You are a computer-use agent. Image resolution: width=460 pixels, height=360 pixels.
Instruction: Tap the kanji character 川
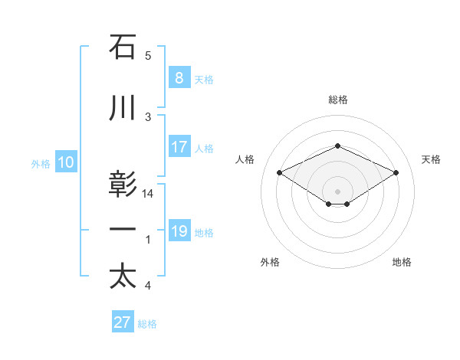123,108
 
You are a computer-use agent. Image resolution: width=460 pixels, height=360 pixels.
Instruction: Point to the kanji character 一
123,230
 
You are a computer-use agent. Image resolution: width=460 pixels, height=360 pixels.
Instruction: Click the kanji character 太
123,277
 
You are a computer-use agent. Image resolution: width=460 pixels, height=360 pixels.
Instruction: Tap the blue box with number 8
179,78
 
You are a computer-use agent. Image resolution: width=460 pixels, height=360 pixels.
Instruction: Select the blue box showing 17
179,147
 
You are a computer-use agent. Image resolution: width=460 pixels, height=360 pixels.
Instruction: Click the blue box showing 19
179,231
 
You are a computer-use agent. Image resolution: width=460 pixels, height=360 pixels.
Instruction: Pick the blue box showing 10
65,162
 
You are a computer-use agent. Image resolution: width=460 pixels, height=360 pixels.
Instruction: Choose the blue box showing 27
123,322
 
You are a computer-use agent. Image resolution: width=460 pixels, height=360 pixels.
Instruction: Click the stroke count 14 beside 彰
148,194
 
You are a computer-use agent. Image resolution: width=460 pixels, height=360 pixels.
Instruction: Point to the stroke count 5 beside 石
148,56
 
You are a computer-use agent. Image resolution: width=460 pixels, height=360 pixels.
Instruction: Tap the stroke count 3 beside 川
148,116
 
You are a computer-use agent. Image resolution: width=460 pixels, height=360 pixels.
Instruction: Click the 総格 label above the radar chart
337,100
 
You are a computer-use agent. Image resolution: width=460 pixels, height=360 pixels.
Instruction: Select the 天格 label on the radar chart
432,159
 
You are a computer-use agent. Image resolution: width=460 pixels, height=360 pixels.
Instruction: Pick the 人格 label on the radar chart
245,159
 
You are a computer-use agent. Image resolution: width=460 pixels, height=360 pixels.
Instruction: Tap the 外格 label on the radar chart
270,263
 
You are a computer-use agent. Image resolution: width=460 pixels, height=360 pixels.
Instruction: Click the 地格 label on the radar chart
402,263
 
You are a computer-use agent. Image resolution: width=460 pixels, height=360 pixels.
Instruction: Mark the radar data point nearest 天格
396,172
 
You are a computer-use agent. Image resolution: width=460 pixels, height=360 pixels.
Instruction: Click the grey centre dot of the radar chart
337,190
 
